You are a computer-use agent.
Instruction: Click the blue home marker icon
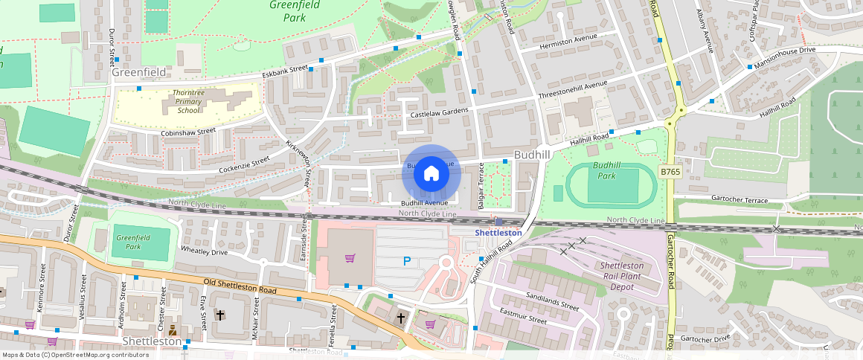(x=431, y=173)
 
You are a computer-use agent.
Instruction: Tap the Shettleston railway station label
(x=498, y=233)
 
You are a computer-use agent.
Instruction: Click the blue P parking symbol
(x=406, y=261)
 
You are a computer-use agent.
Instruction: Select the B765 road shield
(x=670, y=172)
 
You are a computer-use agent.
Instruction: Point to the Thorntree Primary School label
(x=183, y=101)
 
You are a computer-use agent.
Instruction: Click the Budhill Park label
(x=607, y=170)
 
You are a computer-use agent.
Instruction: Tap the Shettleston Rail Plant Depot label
(x=617, y=277)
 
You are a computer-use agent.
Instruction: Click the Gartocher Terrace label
(x=739, y=201)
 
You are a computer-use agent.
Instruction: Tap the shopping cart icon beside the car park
(x=350, y=258)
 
